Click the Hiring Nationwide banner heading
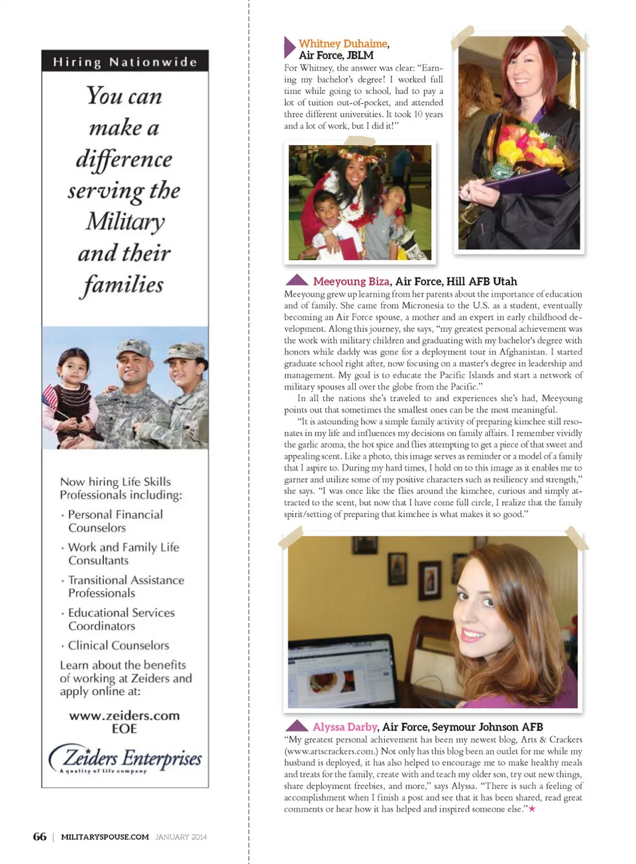click(x=125, y=62)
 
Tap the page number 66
click(x=40, y=837)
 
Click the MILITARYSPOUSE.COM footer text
click(x=105, y=837)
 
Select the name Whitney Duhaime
click(x=343, y=44)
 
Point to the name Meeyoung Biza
click(x=351, y=281)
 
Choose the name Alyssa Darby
click(x=344, y=727)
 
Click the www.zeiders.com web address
click(x=125, y=716)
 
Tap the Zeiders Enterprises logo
click(x=125, y=759)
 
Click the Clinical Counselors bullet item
click(x=118, y=646)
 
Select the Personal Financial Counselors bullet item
click(x=115, y=521)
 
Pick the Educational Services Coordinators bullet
click(x=121, y=619)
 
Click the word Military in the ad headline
click(x=125, y=222)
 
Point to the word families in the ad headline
click(x=124, y=285)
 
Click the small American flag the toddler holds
click(x=50, y=398)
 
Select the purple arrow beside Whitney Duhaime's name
click(x=289, y=47)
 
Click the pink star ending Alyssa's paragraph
click(x=532, y=809)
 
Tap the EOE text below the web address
click(x=125, y=729)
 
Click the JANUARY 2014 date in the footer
click(x=181, y=837)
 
